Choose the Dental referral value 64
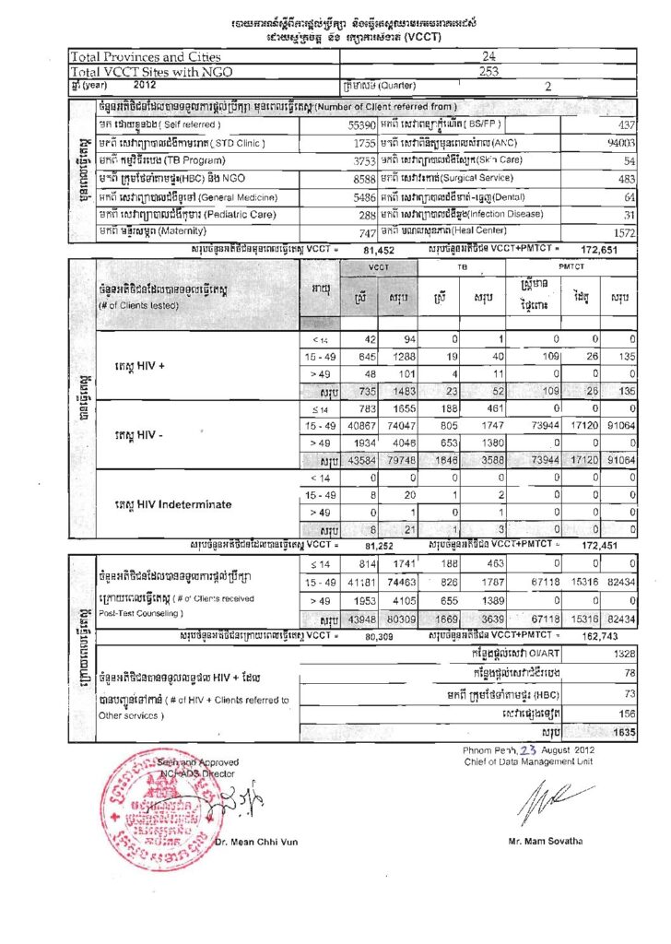tap(630, 197)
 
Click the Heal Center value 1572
tap(623, 233)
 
